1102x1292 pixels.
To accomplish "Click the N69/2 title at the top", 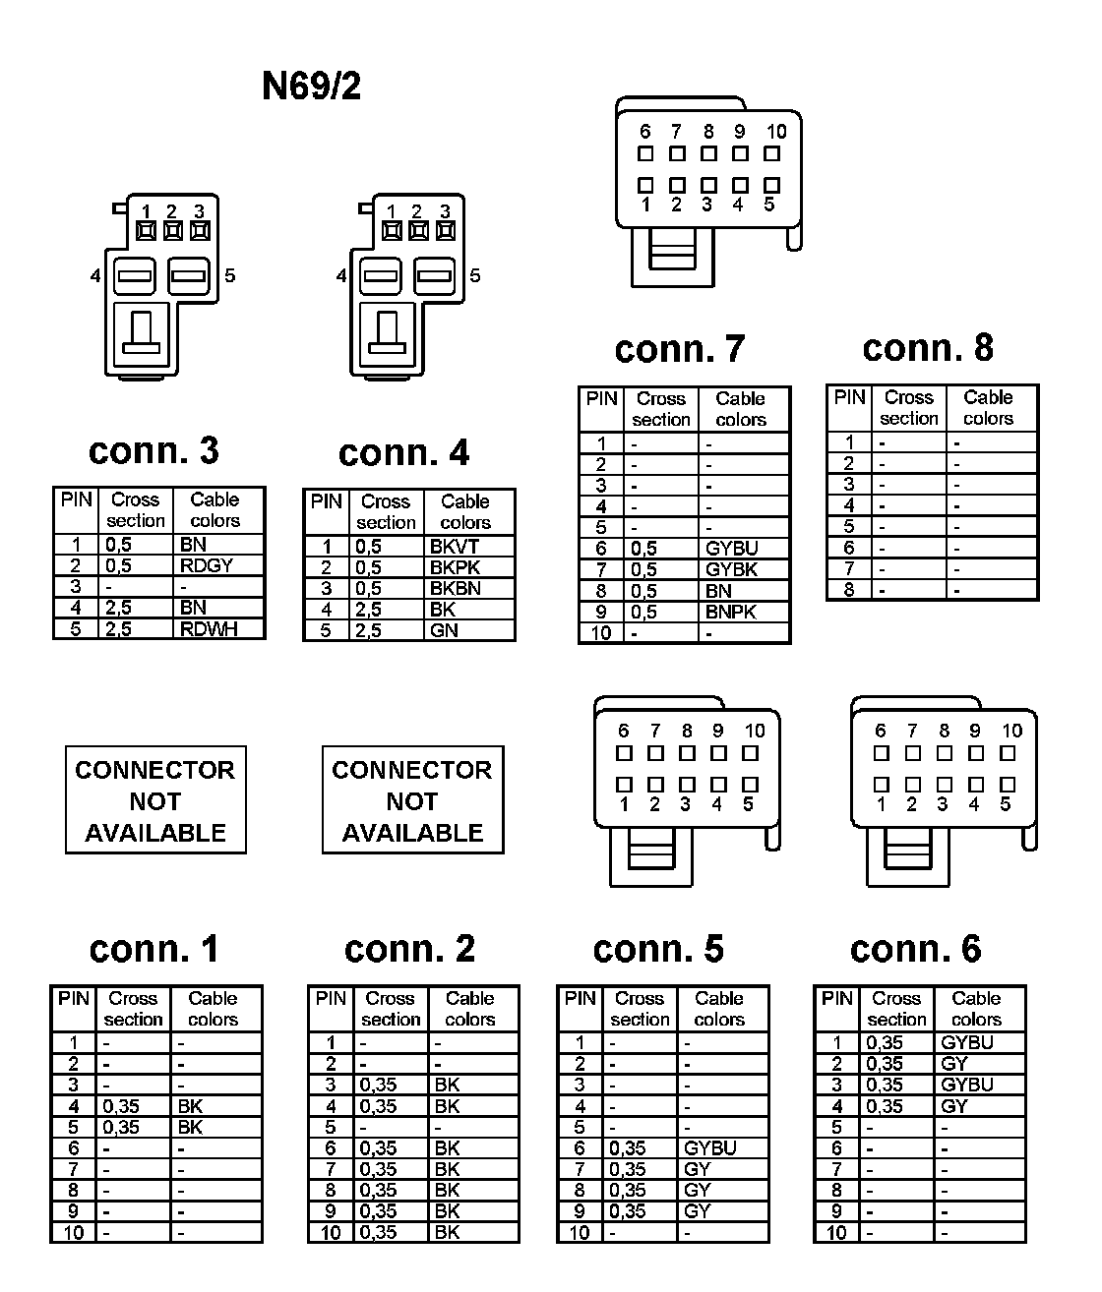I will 311,87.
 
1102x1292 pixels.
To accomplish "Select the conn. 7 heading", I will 679,349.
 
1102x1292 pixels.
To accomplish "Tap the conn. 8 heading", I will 928,347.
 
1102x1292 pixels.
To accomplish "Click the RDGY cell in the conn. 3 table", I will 207,565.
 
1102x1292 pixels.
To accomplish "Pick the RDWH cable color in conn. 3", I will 209,629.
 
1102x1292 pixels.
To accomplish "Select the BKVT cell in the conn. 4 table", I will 455,547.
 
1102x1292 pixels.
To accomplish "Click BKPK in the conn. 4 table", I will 455,567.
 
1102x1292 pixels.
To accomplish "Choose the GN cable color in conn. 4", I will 445,630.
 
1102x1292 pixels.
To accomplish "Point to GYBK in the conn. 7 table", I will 732,569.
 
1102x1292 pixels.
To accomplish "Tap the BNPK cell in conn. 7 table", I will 731,612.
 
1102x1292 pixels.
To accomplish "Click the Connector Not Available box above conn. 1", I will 155,800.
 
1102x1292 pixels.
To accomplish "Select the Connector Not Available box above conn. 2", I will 412,800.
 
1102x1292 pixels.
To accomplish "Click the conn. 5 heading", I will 658,949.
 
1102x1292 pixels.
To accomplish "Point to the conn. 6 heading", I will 915,949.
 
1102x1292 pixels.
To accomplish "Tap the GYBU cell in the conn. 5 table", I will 710,1148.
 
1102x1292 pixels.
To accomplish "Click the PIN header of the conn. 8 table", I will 849,397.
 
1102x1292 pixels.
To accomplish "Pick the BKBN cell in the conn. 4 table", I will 456,589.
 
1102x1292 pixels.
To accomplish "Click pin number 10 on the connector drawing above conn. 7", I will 776,132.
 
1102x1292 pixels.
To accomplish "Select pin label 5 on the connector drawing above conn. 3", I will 229,275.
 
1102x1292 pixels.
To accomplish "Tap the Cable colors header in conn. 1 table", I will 214,1009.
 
